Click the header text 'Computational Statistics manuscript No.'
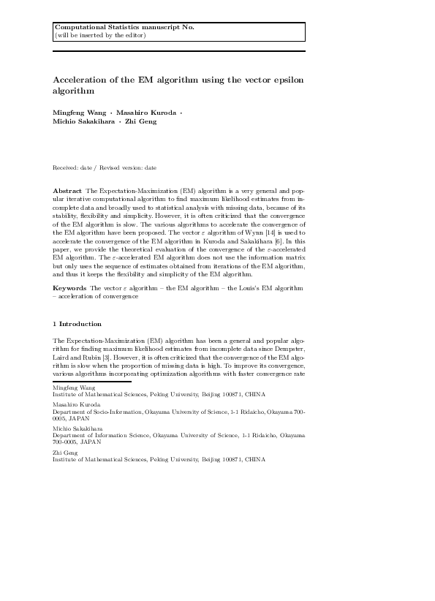click(124, 27)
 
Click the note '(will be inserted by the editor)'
click(100, 34)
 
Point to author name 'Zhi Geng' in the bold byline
click(141, 121)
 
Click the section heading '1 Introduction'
click(77, 324)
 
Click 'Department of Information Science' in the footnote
click(95, 436)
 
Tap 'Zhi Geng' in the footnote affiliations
click(64, 453)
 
